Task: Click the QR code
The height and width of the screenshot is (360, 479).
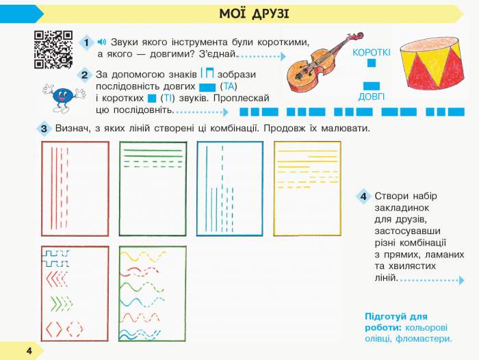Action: pos(53,49)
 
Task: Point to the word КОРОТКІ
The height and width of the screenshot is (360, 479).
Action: pos(372,52)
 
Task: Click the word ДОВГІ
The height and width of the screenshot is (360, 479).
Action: pos(372,97)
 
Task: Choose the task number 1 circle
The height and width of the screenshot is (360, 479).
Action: pos(87,43)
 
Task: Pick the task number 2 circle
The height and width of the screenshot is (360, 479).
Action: pos(84,75)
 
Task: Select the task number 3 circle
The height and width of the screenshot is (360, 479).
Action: pos(43,129)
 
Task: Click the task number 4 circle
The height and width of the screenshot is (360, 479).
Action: pos(364,197)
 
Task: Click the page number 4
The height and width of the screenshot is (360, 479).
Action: pos(29,350)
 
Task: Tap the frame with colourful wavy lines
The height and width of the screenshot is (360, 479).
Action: pos(153,293)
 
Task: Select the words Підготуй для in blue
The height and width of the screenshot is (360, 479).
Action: pos(396,317)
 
